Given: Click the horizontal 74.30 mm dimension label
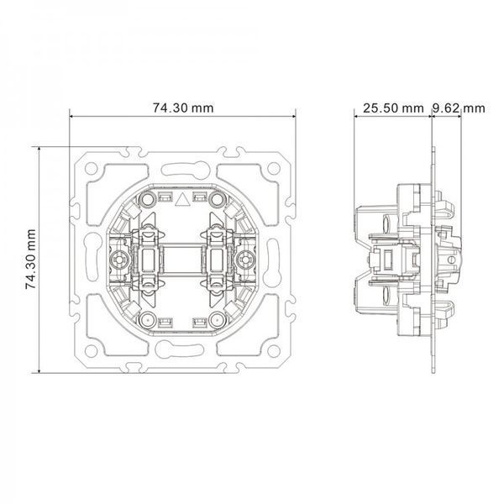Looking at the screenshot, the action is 183,108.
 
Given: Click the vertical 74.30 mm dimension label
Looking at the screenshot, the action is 31,259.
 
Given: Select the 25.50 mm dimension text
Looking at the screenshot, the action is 393,108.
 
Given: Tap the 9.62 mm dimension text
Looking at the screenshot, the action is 459,108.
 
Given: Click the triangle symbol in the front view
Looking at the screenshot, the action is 182,199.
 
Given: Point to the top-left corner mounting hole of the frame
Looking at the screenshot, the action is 91,169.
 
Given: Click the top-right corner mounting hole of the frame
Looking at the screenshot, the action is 274,169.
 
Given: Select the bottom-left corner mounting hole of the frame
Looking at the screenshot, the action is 91,351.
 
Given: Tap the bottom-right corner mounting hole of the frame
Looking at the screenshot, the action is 274,351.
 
